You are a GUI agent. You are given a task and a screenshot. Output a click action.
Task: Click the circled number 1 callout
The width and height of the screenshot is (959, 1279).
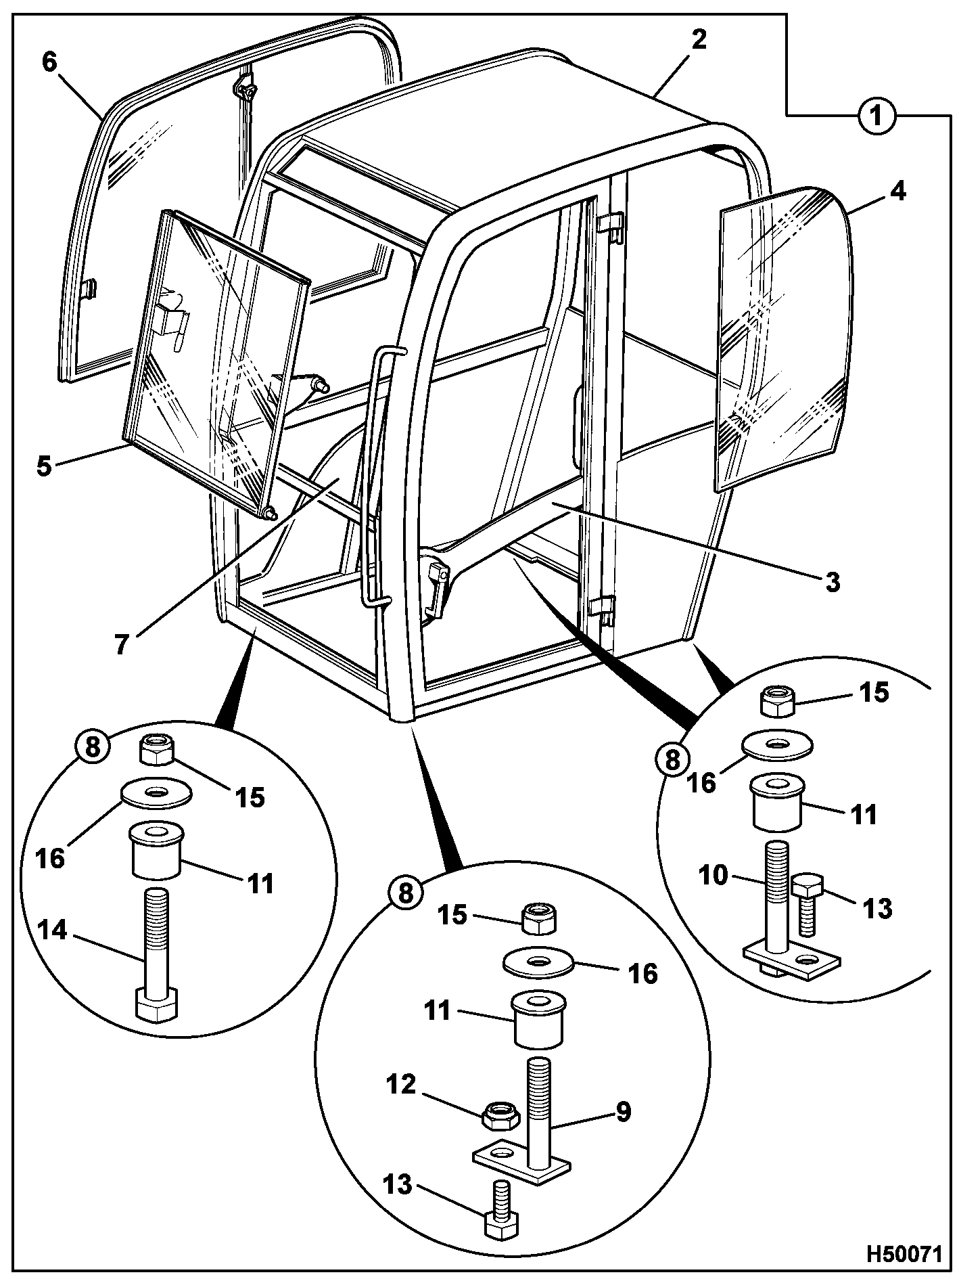tap(876, 116)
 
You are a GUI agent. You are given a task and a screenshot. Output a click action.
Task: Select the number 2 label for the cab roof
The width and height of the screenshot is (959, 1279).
tap(699, 39)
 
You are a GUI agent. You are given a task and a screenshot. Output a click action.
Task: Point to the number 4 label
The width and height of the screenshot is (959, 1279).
tap(897, 191)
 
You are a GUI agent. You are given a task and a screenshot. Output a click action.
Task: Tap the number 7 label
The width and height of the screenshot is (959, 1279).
tap(121, 644)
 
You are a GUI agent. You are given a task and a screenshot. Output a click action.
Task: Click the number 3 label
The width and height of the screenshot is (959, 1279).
tap(833, 581)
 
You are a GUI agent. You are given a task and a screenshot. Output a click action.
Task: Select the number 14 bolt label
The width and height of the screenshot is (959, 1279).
tap(52, 931)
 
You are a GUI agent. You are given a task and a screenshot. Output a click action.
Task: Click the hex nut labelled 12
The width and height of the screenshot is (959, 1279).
tap(500, 1115)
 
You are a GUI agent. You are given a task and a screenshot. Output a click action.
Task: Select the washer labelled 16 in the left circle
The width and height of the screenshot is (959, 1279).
tap(156, 793)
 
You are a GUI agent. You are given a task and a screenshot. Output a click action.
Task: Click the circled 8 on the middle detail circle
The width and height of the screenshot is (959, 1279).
tap(405, 893)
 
